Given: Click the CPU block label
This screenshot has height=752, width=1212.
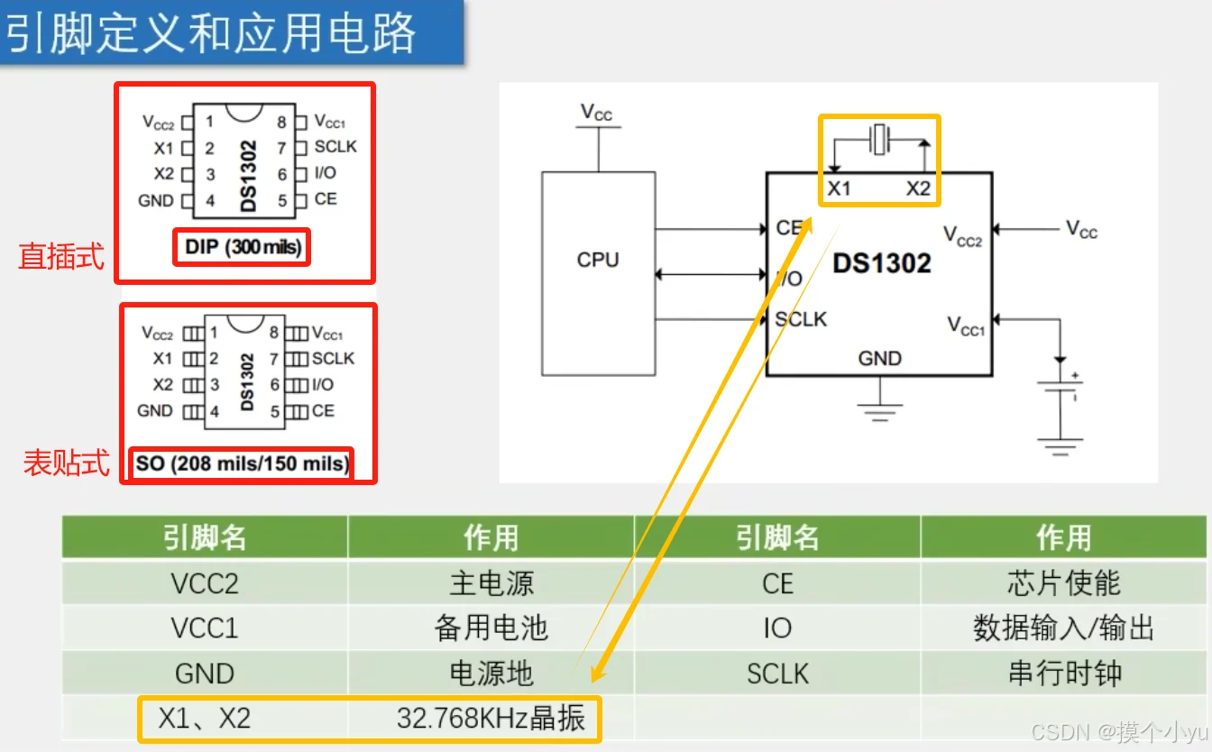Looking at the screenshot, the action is click(x=598, y=260).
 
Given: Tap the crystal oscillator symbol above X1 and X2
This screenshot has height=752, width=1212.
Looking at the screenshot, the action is click(x=879, y=140).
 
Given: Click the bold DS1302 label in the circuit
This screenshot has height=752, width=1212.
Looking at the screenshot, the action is click(x=882, y=263).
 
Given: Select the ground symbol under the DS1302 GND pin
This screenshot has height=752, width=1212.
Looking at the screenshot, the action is click(x=880, y=412).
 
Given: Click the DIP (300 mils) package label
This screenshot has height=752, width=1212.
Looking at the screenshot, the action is click(x=243, y=247).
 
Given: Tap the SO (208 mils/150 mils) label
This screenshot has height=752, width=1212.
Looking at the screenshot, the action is click(x=242, y=463).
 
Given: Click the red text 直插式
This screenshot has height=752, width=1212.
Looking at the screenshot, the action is click(x=61, y=256).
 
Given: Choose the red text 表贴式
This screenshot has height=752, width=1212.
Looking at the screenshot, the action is click(x=66, y=463).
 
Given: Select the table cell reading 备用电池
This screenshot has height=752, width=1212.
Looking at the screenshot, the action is click(x=491, y=628).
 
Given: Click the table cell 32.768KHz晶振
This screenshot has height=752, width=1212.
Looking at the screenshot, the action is click(x=491, y=718).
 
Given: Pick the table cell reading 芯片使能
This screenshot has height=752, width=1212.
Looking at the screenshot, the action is click(x=1064, y=583).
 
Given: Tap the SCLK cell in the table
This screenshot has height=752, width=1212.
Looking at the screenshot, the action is click(x=777, y=674).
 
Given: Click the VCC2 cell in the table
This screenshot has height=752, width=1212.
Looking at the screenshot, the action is click(x=205, y=583).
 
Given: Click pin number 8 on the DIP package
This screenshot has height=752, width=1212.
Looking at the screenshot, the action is click(x=281, y=123).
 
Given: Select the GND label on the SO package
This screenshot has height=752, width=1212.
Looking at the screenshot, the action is click(x=155, y=410).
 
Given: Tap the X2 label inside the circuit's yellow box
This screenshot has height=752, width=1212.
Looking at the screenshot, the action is click(x=918, y=188).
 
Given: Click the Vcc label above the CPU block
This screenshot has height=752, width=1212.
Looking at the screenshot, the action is click(x=596, y=113).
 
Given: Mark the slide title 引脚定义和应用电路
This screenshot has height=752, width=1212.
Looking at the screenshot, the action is click(x=211, y=33).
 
